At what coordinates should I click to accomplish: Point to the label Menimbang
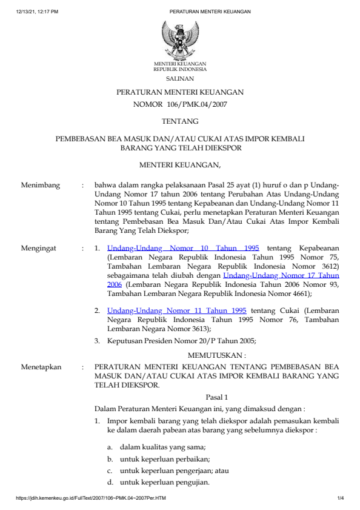pyautogui.click(x=40, y=185)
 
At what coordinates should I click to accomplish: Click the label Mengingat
pyautogui.click(x=39, y=248)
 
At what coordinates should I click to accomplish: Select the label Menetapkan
pyautogui.click(x=41, y=367)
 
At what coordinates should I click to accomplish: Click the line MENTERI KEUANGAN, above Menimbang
pyautogui.click(x=180, y=164)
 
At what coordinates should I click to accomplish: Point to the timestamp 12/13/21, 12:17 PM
pyautogui.click(x=37, y=12)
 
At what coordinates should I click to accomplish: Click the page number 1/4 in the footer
pyautogui.click(x=340, y=498)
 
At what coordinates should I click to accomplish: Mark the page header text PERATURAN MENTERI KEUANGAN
pyautogui.click(x=210, y=12)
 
